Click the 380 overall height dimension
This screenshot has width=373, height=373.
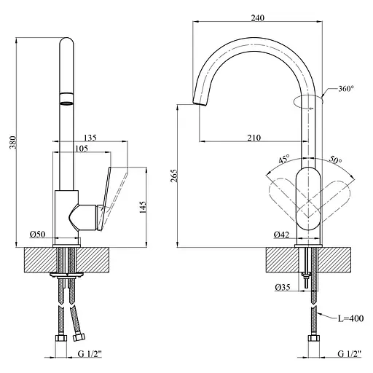[13, 142]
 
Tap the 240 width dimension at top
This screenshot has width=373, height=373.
[257, 17]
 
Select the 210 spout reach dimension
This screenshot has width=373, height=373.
[254, 138]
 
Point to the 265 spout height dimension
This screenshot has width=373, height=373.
[174, 176]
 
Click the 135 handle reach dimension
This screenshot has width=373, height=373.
[90, 138]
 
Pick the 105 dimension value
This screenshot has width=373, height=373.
[82, 148]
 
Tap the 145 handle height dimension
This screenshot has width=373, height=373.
[143, 207]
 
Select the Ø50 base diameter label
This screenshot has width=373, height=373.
[38, 235]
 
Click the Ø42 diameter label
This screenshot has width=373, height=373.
[282, 235]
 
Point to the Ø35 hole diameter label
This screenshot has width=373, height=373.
[283, 287]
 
